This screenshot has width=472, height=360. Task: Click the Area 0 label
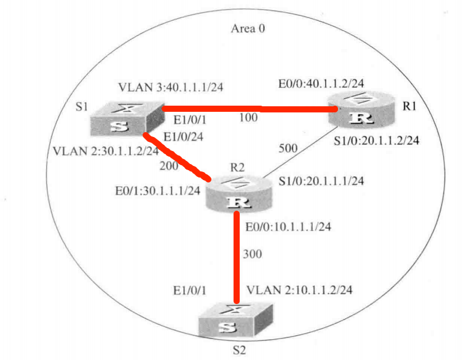248,29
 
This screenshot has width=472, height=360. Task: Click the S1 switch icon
127,119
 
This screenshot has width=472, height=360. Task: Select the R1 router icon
361,109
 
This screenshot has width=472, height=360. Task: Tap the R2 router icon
239,194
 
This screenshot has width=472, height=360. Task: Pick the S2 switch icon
236,320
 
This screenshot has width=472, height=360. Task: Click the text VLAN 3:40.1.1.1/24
171,87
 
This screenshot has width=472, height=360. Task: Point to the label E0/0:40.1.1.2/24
321,84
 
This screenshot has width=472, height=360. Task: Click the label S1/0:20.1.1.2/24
376,140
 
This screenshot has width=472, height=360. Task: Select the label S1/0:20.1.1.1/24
321,181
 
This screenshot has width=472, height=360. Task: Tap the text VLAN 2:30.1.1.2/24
106,151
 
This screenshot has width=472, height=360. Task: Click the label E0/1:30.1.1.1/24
157,190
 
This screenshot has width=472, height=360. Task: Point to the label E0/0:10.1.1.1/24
288,227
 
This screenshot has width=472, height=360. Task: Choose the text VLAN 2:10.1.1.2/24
299,290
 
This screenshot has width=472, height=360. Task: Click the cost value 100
248,117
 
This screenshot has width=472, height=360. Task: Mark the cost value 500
288,148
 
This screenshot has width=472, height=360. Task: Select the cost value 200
169,165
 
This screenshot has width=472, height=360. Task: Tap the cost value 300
252,254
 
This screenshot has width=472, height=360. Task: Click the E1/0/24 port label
183,137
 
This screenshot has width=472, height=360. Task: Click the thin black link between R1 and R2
301,152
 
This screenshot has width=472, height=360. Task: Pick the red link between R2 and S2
237,257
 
